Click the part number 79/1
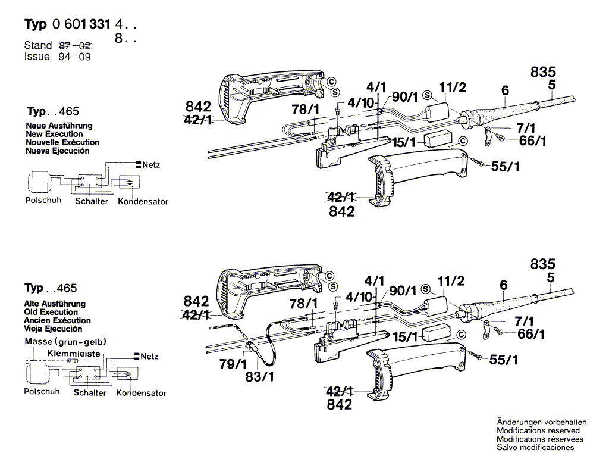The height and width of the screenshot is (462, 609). (x=233, y=364)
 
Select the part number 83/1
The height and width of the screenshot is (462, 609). (x=259, y=376)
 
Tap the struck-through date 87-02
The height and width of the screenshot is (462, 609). (x=75, y=45)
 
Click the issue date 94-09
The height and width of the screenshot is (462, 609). (x=74, y=57)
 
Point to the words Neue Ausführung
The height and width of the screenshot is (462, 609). (x=59, y=126)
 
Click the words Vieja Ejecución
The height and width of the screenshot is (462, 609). (x=53, y=329)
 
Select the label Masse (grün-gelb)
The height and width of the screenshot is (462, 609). (x=65, y=342)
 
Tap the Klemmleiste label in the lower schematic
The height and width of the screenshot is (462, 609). (x=74, y=354)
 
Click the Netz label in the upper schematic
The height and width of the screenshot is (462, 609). (x=151, y=165)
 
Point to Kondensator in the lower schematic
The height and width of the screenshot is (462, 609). (x=142, y=393)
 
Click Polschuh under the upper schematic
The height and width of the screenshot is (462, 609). (x=43, y=200)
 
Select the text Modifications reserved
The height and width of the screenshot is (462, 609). (x=538, y=430)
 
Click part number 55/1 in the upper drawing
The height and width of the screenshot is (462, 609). (x=506, y=167)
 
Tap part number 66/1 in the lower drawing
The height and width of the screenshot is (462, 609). (x=531, y=334)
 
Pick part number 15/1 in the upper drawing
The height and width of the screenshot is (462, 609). (x=404, y=142)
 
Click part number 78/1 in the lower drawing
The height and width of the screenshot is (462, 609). (x=304, y=303)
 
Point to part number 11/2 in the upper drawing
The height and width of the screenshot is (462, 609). (x=453, y=88)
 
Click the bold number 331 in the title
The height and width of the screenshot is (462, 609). (x=100, y=24)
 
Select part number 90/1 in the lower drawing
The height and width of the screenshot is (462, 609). (x=403, y=291)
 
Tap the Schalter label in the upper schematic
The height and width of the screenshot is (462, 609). (x=92, y=201)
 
